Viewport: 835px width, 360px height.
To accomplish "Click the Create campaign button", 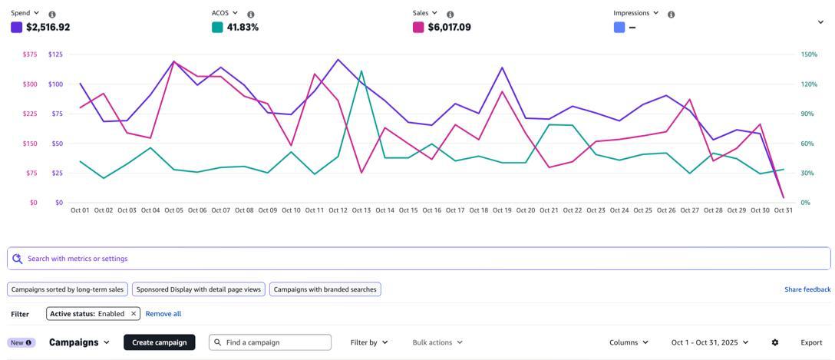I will pos(159,342).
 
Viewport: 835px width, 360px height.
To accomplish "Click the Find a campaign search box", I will pos(276,342).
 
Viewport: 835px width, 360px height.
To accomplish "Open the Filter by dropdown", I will pos(368,342).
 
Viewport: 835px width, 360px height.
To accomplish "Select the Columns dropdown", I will pos(629,342).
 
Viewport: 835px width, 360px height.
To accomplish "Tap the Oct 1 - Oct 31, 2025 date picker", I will pos(709,342).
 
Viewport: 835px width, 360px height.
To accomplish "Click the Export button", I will pos(811,342).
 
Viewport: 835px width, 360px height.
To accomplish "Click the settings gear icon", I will pos(775,342).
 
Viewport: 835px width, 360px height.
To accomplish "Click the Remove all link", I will pos(163,313).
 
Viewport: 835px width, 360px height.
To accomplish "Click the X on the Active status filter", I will pos(134,313).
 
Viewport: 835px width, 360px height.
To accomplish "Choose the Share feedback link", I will pos(807,289).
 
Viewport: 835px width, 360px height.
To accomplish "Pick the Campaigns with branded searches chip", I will pos(325,289).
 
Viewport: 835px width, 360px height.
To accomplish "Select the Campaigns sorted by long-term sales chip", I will pos(67,289).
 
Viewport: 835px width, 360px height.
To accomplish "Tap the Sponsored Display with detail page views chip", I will pos(198,289).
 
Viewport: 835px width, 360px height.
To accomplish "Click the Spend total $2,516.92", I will pos(48,27).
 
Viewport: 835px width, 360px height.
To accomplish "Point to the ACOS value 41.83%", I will pos(243,27).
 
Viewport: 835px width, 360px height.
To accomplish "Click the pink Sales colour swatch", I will pos(418,27).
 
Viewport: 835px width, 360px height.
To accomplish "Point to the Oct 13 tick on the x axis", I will pos(361,210).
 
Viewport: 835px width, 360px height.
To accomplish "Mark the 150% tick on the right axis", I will pos(809,54).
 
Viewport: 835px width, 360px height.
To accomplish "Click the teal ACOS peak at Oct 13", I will pos(361,71).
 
